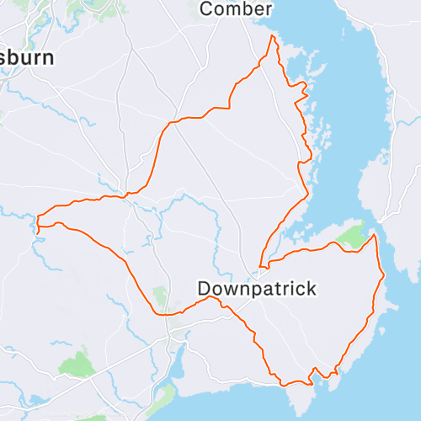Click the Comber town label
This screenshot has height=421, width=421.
[237, 9]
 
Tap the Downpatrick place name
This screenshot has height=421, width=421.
[257, 289]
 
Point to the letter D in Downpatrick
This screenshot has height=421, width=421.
[204, 289]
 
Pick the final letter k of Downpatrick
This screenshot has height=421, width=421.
[312, 289]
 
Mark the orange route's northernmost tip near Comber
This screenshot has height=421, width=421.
[272, 37]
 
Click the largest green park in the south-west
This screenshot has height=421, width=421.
[77, 364]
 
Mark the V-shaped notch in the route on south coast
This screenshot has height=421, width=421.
[313, 371]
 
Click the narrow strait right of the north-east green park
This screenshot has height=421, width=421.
[376, 227]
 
